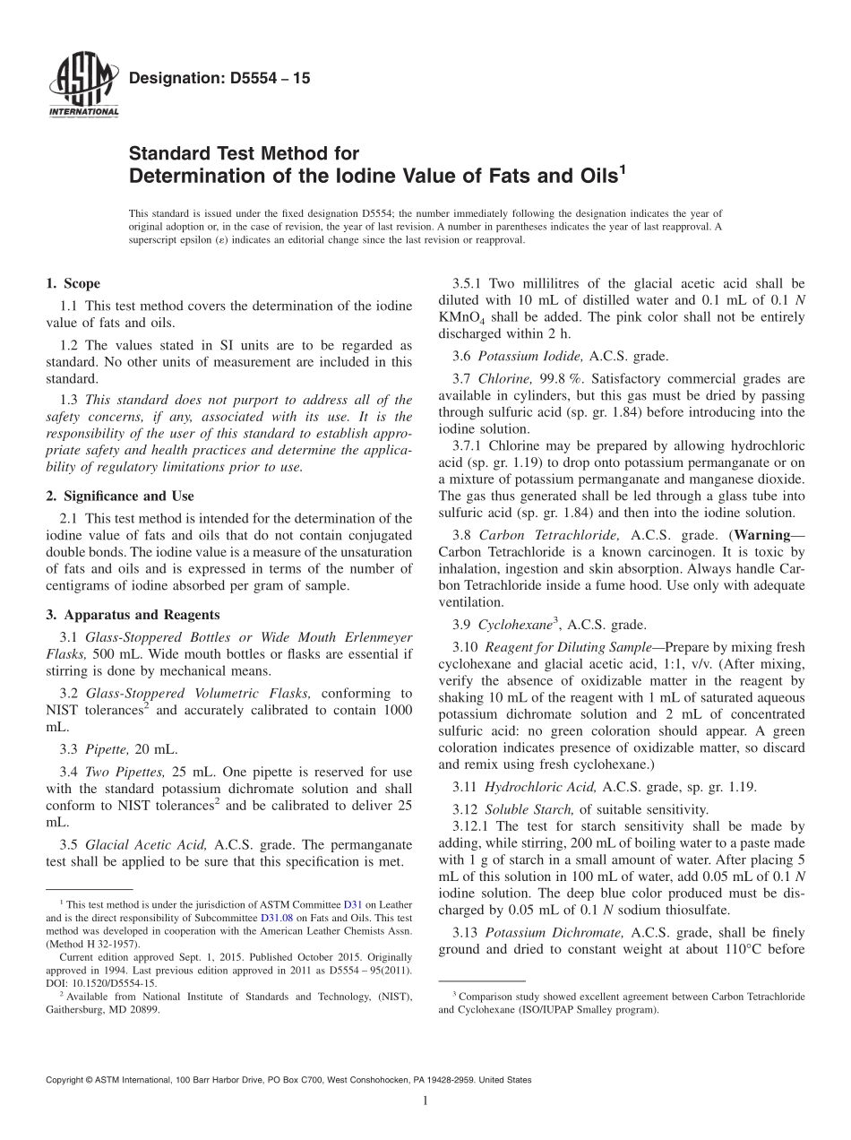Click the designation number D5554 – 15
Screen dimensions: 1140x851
click(219, 79)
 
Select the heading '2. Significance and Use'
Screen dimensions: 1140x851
click(120, 496)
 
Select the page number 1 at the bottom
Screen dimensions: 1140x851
click(425, 1101)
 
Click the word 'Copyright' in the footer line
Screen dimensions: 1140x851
click(67, 1081)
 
